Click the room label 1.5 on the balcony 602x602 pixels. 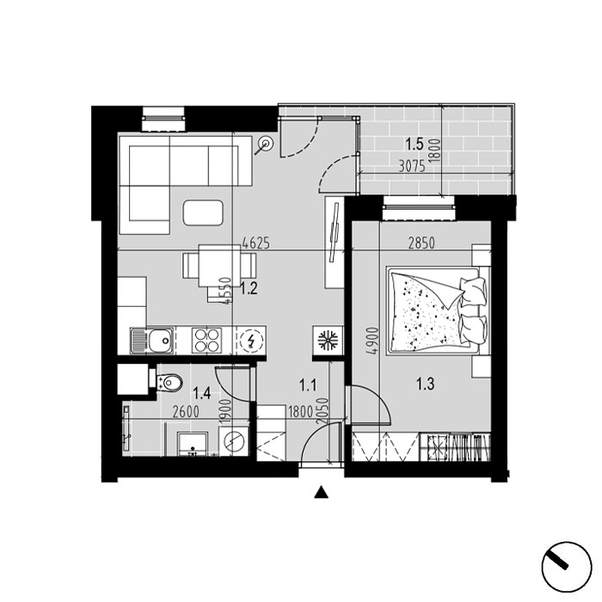click(x=415, y=144)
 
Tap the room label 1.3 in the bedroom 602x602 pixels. click(x=426, y=384)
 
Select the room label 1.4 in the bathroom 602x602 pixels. click(x=201, y=393)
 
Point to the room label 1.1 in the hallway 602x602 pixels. click(x=308, y=384)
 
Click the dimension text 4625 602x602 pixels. click(x=255, y=243)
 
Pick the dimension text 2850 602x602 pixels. click(x=421, y=243)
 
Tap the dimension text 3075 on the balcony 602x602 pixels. click(x=412, y=167)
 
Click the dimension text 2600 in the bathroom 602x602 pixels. click(x=186, y=412)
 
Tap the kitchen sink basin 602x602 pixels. click(x=161, y=341)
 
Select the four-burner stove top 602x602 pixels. click(x=207, y=341)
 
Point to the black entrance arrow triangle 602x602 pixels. click(x=321, y=493)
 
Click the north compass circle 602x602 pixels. click(x=567, y=567)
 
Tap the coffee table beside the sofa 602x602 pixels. click(x=203, y=212)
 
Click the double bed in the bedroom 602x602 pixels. click(x=439, y=311)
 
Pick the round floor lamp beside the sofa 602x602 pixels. click(x=266, y=144)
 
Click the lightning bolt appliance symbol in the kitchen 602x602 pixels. click(x=251, y=341)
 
